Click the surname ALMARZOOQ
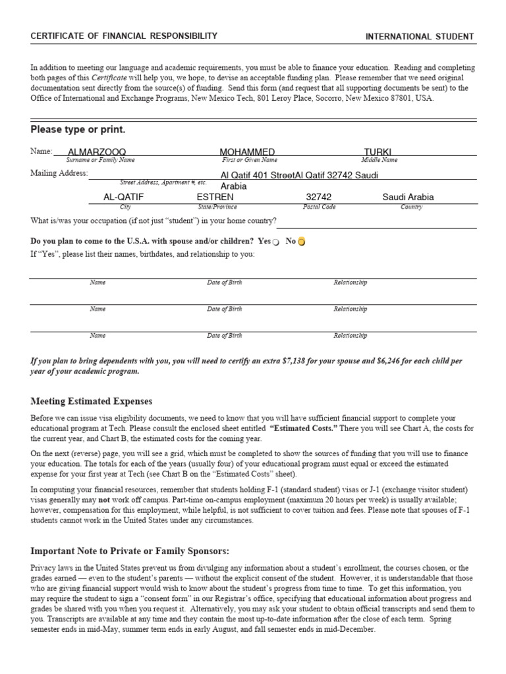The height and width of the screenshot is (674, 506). pos(97,152)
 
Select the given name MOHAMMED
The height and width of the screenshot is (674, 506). pos(247,152)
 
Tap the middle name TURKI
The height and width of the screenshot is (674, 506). pos(378,152)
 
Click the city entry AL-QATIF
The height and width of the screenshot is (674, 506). pos(123,197)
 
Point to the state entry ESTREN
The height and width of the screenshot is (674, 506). pos(215,197)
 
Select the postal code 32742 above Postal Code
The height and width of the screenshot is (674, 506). pos(320,197)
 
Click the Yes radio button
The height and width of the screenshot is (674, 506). pos(276,242)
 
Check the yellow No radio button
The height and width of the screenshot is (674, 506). pos(302,242)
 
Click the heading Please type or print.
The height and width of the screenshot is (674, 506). pos(78,130)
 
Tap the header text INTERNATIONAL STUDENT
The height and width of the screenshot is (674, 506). pos(420,36)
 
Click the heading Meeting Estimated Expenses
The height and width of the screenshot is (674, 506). pos(92,401)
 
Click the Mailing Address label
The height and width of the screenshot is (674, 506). pos(59,173)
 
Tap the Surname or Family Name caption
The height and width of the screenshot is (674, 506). pos(100,160)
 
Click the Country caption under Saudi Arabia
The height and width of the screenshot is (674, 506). pos(412,207)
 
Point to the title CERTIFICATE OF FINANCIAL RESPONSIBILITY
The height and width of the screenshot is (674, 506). pos(124,36)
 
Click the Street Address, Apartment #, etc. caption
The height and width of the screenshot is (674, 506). pos(163,182)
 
